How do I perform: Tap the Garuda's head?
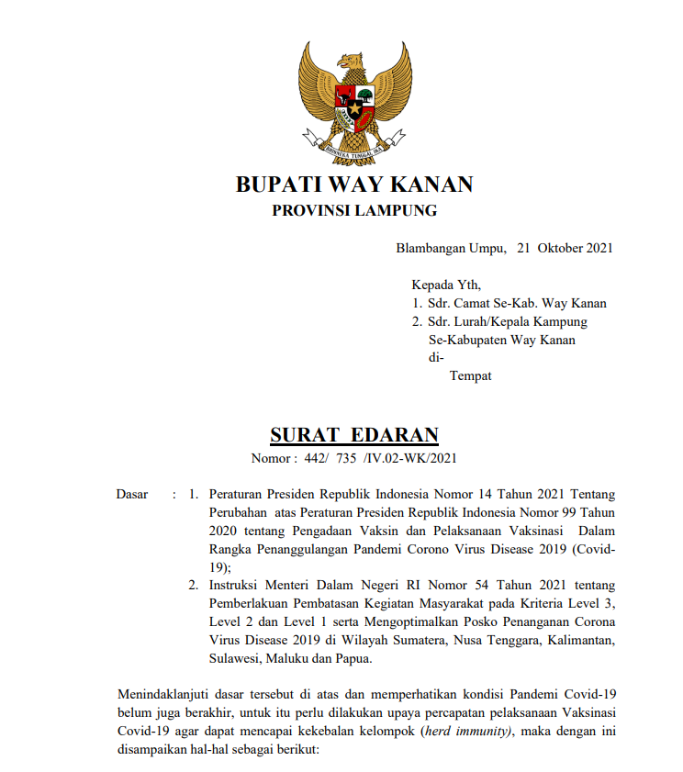[350, 62]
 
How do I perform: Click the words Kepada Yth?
[445, 285]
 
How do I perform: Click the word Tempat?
[470, 375]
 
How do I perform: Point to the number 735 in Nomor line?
[345, 458]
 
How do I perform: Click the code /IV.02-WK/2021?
[409, 458]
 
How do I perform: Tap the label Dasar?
[132, 495]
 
